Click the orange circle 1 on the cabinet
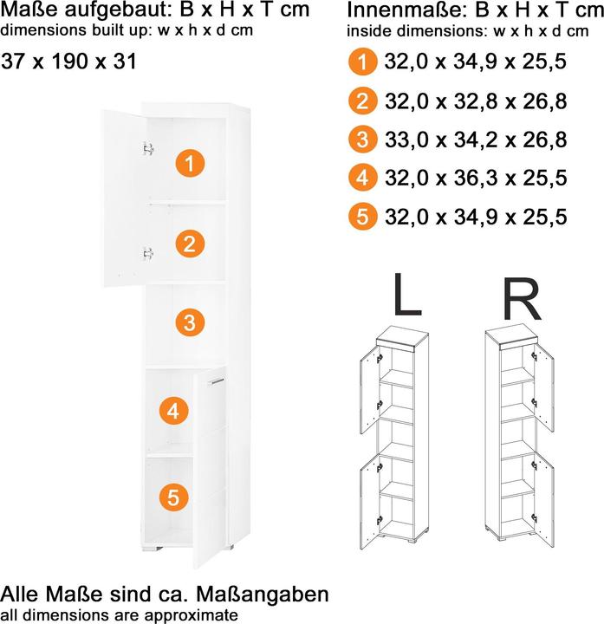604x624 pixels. [190, 164]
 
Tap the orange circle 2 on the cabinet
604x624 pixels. [190, 244]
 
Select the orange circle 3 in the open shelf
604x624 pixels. [190, 322]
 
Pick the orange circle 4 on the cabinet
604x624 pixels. [174, 410]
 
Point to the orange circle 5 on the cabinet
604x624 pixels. [174, 497]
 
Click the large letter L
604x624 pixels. [407, 295]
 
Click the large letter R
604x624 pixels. [522, 299]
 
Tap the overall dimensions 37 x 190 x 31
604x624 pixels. [68, 62]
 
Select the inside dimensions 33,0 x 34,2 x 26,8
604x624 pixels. [476, 140]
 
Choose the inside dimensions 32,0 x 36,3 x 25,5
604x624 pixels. [476, 178]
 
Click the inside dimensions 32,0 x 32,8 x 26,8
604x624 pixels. [476, 101]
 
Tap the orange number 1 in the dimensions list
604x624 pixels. [362, 62]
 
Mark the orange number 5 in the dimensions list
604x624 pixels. [362, 217]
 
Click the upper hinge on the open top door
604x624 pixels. [148, 148]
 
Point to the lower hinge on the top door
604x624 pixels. [148, 253]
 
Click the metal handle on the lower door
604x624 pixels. [216, 381]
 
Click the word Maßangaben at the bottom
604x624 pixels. [263, 595]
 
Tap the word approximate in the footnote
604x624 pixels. [191, 614]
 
